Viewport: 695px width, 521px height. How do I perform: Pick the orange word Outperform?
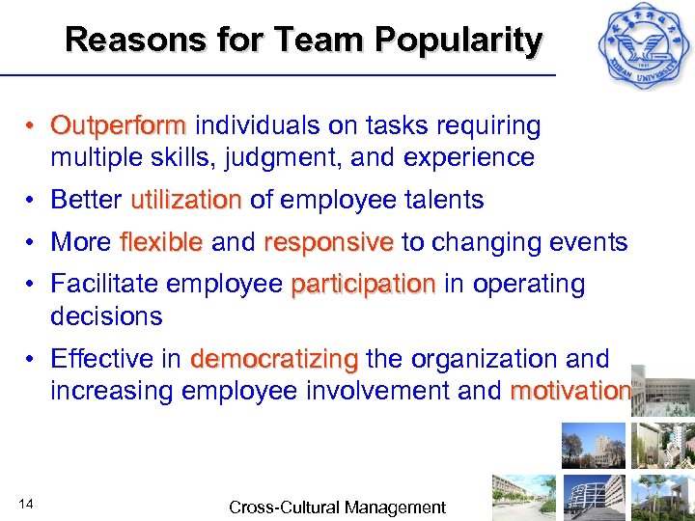pyautogui.click(x=119, y=126)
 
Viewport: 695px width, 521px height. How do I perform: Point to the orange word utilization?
pyautogui.click(x=186, y=200)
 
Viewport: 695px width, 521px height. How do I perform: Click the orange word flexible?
pyautogui.click(x=161, y=242)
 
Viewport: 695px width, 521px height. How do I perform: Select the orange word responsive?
pyautogui.click(x=328, y=242)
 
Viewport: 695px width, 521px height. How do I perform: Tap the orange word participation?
pyautogui.click(x=363, y=285)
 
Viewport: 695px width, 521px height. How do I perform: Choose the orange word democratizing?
pyautogui.click(x=274, y=359)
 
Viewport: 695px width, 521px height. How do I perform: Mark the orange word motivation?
pyautogui.click(x=570, y=391)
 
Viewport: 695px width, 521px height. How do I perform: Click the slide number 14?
pyautogui.click(x=27, y=503)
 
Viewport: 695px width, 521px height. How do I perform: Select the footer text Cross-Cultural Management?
pyautogui.click(x=337, y=507)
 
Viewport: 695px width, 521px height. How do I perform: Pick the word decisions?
pyautogui.click(x=106, y=315)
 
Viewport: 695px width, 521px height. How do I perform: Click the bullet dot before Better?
pyautogui.click(x=33, y=201)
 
